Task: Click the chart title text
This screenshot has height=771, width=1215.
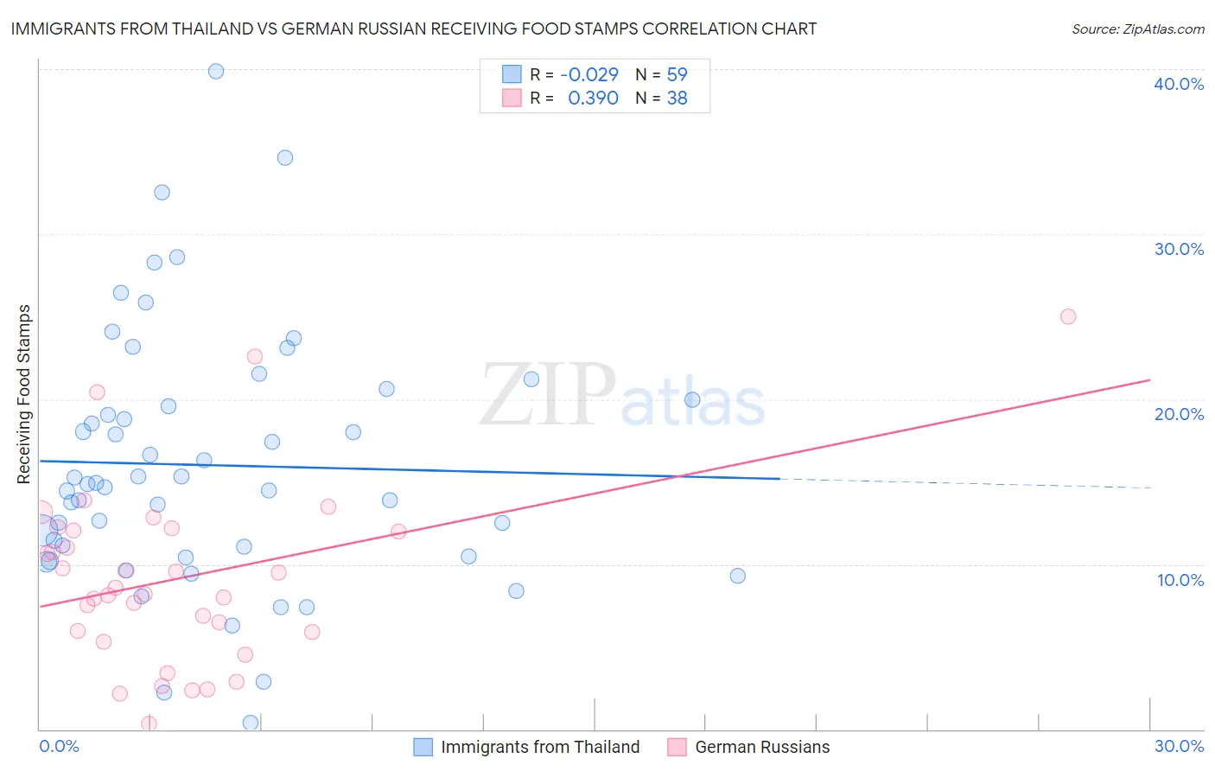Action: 413,29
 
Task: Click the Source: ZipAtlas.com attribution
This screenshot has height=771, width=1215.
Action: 1137,29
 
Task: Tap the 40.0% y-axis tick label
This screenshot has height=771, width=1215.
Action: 1179,84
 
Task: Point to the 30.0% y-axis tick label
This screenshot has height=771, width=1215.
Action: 1179,249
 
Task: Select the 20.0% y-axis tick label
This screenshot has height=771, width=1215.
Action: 1179,414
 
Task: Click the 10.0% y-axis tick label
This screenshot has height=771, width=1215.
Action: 1180,580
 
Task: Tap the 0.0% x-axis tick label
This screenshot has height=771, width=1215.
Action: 59,746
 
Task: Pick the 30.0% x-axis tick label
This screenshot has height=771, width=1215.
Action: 1179,746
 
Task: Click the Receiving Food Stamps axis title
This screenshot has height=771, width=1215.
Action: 24,394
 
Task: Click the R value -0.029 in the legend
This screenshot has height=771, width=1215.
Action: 589,74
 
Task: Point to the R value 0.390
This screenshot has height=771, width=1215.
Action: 593,99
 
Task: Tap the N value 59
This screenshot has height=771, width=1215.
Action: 677,74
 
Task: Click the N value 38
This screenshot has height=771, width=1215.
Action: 677,99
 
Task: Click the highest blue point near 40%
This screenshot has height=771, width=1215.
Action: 216,71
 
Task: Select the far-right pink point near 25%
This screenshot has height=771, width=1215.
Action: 1067,316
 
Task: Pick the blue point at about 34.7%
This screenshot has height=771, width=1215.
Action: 284,157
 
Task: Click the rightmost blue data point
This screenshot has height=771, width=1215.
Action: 737,576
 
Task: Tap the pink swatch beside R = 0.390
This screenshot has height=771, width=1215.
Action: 512,99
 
